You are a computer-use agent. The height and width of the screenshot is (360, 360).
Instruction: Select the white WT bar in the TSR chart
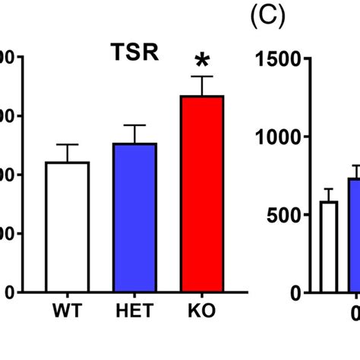click(68, 227)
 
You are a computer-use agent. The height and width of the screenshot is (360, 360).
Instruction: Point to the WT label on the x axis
click(68, 311)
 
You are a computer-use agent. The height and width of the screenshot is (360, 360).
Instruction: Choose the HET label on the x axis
click(135, 311)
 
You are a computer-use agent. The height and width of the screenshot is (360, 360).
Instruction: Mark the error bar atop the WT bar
click(68, 153)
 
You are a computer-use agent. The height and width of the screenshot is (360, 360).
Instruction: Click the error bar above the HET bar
click(135, 134)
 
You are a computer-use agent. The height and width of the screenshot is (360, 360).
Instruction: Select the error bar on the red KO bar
click(202, 86)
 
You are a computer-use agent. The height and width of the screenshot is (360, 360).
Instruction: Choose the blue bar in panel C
click(354, 235)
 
